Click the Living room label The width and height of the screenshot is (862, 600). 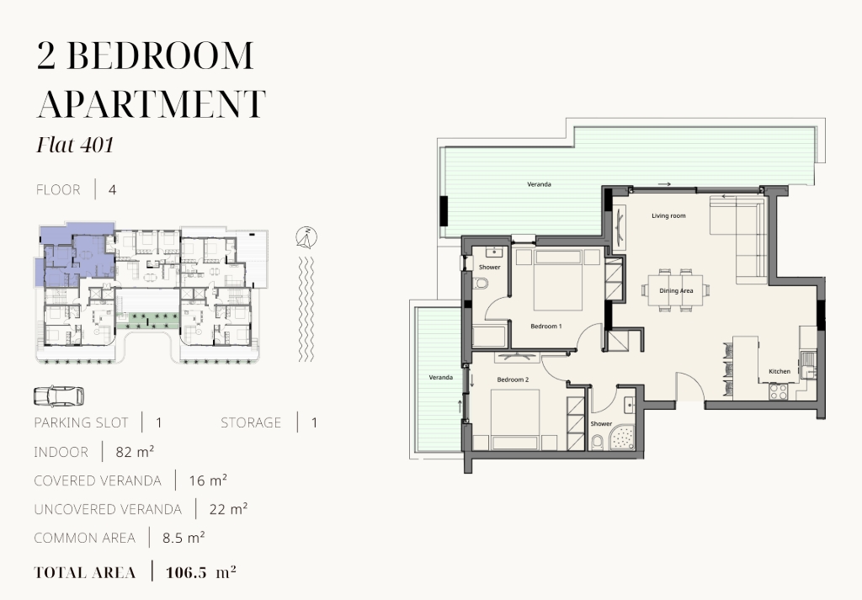[x=668, y=216]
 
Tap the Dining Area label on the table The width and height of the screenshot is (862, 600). [x=676, y=290]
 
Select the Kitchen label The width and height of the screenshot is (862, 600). [x=780, y=371]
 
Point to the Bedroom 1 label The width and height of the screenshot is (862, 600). [x=545, y=327]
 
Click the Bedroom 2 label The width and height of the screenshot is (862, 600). [x=513, y=380]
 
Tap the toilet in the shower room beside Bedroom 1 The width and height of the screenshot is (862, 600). [x=481, y=284]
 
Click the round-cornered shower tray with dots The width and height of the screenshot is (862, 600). [x=622, y=438]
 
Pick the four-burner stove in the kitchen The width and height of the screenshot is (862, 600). [x=778, y=390]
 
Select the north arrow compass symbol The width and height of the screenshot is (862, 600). [x=306, y=236]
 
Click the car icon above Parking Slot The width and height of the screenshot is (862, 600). [x=59, y=396]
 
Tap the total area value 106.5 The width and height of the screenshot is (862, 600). [x=186, y=572]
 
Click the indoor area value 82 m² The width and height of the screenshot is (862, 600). [x=135, y=452]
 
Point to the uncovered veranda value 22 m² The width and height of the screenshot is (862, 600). [x=228, y=509]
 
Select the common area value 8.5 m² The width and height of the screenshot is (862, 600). [x=184, y=538]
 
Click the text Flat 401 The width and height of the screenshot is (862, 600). [x=75, y=145]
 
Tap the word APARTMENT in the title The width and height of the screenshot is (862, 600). [x=152, y=104]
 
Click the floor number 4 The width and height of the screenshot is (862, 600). [x=112, y=190]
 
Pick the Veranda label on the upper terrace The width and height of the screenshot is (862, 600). [x=539, y=184]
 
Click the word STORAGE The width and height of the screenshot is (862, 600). [x=251, y=422]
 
